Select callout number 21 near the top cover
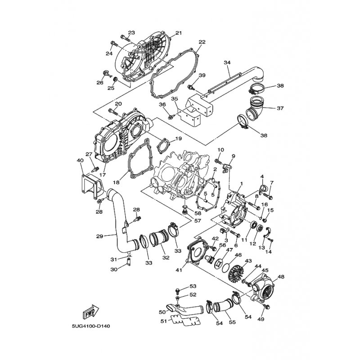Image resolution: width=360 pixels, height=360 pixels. point(178,33)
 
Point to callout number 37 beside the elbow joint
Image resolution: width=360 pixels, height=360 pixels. point(280,108)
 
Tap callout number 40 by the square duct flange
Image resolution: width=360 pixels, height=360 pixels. point(80,161)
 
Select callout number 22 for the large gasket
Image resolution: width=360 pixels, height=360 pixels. point(202,42)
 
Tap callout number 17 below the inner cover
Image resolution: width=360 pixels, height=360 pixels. point(103,175)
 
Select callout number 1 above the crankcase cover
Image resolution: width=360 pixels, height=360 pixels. point(241,184)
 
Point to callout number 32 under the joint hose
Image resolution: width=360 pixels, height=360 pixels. point(153,258)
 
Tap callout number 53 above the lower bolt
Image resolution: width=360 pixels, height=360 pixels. point(193,286)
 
